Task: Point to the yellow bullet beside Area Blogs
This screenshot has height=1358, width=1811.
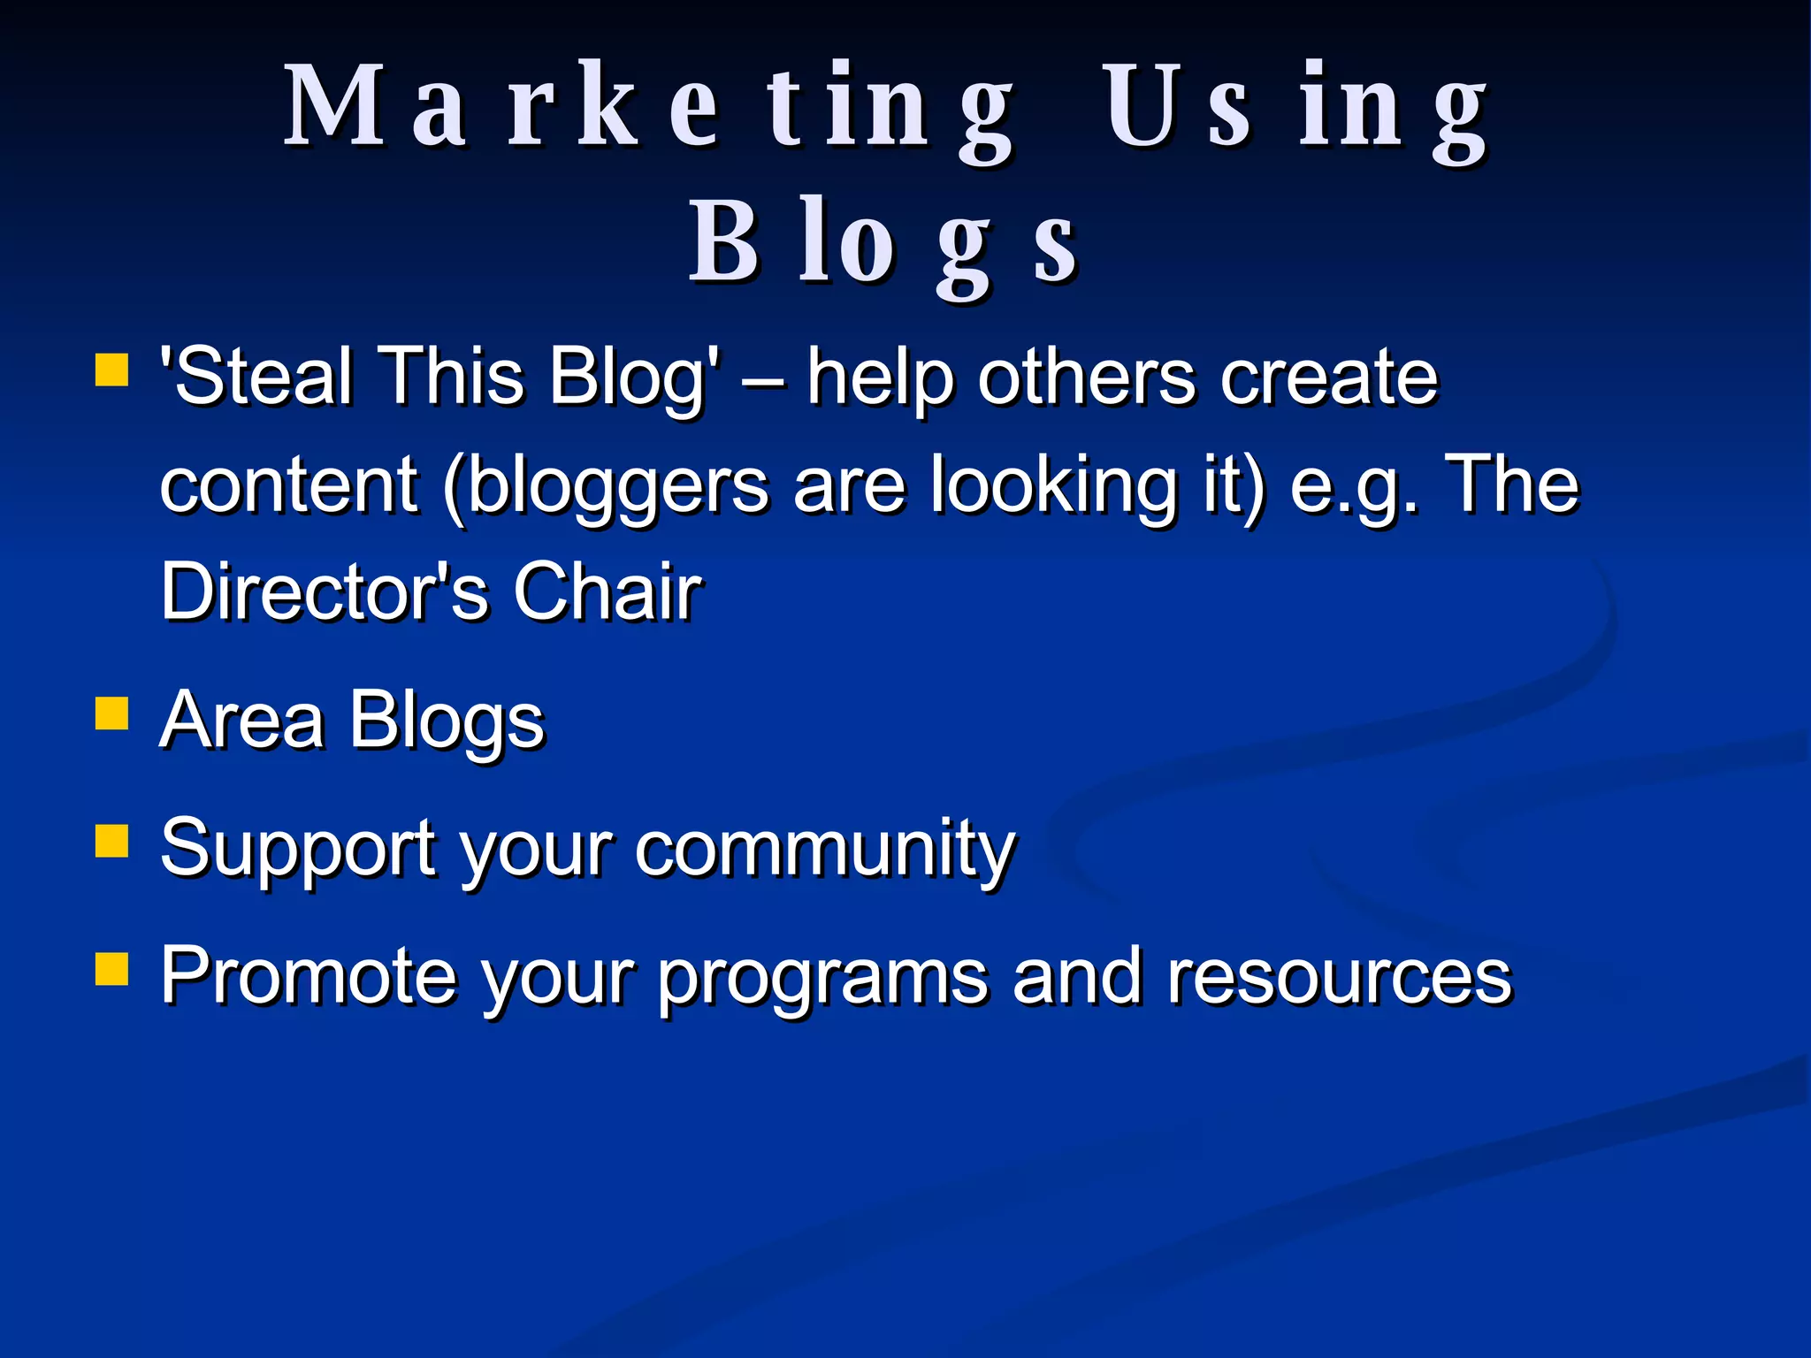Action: (x=111, y=713)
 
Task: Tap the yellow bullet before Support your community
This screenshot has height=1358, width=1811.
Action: (x=111, y=841)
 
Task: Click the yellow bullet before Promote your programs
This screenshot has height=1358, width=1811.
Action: (x=111, y=968)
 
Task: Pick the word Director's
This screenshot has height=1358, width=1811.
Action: (x=324, y=591)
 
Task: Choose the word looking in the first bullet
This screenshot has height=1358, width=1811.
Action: (x=1053, y=485)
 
